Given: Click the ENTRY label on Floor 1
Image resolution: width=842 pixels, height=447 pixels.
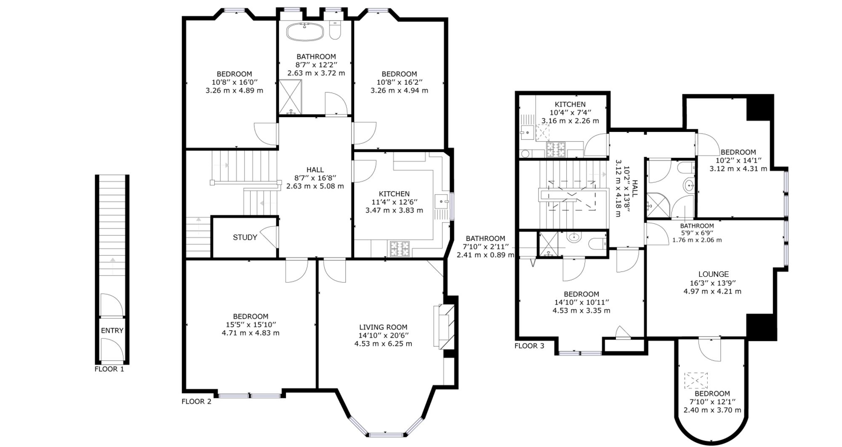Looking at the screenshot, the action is (112, 331).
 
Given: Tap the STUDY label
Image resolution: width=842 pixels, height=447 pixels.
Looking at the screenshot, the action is (245, 238).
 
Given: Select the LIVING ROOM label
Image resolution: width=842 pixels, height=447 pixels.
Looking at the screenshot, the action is (383, 327).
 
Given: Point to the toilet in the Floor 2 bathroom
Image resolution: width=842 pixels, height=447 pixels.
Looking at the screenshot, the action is (335, 30).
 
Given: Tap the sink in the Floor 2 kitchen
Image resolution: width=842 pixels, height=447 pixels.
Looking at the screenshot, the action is (442, 202).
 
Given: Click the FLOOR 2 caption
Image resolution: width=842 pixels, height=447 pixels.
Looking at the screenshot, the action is (196, 401).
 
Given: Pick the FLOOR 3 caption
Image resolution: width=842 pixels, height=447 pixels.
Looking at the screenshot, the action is (529, 346).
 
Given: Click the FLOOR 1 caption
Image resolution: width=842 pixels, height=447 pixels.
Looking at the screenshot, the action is (109, 369).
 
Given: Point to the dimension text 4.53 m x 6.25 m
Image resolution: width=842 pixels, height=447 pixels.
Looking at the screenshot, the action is (383, 344).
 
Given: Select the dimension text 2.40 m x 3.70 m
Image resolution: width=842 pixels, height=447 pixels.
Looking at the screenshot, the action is (712, 410).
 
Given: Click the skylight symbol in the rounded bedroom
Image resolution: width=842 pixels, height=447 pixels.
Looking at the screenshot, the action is (696, 380).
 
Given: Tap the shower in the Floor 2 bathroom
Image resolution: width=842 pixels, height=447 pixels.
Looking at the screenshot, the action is (290, 97).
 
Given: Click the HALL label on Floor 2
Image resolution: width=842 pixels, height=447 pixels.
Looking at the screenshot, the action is (315, 170).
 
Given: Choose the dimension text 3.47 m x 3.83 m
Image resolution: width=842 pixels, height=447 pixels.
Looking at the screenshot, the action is (394, 210).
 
